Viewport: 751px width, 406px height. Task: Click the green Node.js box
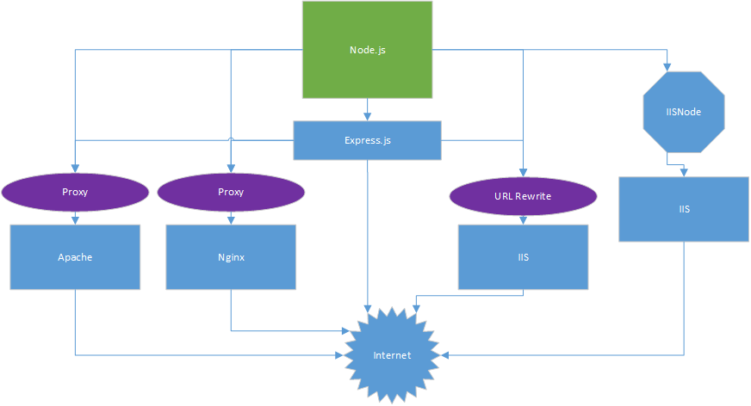point(367,49)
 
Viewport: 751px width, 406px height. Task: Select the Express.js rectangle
point(367,140)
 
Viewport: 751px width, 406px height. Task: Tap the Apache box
point(75,256)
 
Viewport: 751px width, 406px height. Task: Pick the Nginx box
point(230,256)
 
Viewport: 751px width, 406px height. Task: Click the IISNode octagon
point(684,111)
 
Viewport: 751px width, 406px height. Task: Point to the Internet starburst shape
point(392,354)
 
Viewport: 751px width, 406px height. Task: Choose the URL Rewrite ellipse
point(523,196)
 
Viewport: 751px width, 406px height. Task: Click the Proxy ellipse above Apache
point(75,192)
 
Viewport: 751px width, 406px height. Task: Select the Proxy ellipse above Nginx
point(230,192)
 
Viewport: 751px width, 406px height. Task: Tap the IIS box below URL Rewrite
point(523,256)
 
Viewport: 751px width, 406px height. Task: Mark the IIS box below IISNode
point(684,208)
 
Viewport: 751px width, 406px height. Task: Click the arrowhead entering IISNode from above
point(667,66)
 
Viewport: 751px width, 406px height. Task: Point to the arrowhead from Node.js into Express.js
point(368,115)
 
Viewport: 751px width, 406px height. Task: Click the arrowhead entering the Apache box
point(75,220)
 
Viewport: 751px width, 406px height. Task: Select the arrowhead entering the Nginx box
point(230,220)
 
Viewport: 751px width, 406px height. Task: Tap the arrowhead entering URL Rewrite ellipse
point(523,175)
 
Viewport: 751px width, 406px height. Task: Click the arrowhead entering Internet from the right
point(444,354)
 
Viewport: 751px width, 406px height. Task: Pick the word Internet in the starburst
point(392,355)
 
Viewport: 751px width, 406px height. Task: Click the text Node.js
point(367,49)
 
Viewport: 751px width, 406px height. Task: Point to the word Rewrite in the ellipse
point(535,196)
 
